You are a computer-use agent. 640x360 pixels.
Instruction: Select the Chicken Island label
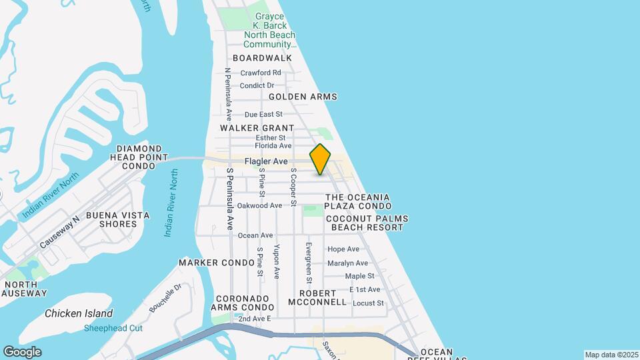coord(79,313)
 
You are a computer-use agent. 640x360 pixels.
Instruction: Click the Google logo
coord(22,352)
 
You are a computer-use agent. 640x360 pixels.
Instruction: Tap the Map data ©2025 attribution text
coord(611,355)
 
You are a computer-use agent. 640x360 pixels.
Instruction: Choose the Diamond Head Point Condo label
coord(139,157)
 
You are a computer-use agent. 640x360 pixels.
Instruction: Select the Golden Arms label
coord(303,97)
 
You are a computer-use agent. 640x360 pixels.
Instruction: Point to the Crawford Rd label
coord(261,73)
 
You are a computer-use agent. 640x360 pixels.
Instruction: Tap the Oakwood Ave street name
coord(259,205)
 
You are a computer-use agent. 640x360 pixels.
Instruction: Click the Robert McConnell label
coord(317,297)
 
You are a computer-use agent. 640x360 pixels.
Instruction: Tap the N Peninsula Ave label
coord(227,93)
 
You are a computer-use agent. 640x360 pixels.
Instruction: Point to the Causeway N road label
coord(59,232)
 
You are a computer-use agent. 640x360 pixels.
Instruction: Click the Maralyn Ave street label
coord(348,263)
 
